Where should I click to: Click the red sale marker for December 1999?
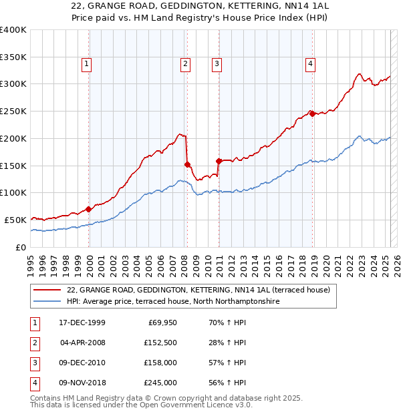[x=89, y=209]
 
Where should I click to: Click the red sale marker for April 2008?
[x=187, y=164]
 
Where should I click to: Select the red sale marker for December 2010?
[x=219, y=160]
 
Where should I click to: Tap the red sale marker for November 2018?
[x=312, y=114]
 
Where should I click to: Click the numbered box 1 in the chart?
[x=88, y=64]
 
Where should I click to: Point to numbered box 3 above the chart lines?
[x=217, y=64]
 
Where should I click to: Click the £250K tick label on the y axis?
[x=13, y=111]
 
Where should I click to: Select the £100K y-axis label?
[x=13, y=192]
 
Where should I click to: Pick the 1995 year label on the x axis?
[x=31, y=260]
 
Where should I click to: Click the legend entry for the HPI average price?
[x=172, y=302]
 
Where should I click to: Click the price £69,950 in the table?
[x=160, y=323]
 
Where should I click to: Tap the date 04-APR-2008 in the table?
[x=83, y=343]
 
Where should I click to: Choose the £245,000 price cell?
[x=160, y=383]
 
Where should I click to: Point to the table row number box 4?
[x=35, y=383]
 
